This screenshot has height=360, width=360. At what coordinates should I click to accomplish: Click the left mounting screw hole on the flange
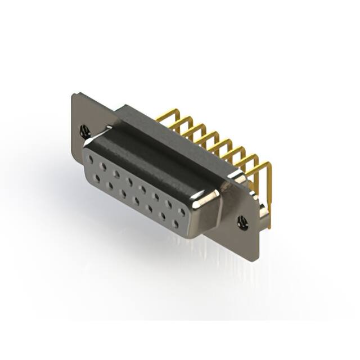pos(85,132)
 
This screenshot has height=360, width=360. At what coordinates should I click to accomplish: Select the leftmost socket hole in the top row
pos(91,159)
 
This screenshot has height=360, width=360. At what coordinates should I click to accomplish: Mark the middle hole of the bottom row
pos(137,200)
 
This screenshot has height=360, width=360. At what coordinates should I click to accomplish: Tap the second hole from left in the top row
pos(103,166)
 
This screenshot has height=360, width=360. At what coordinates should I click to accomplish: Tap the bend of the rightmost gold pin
pos(268,165)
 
